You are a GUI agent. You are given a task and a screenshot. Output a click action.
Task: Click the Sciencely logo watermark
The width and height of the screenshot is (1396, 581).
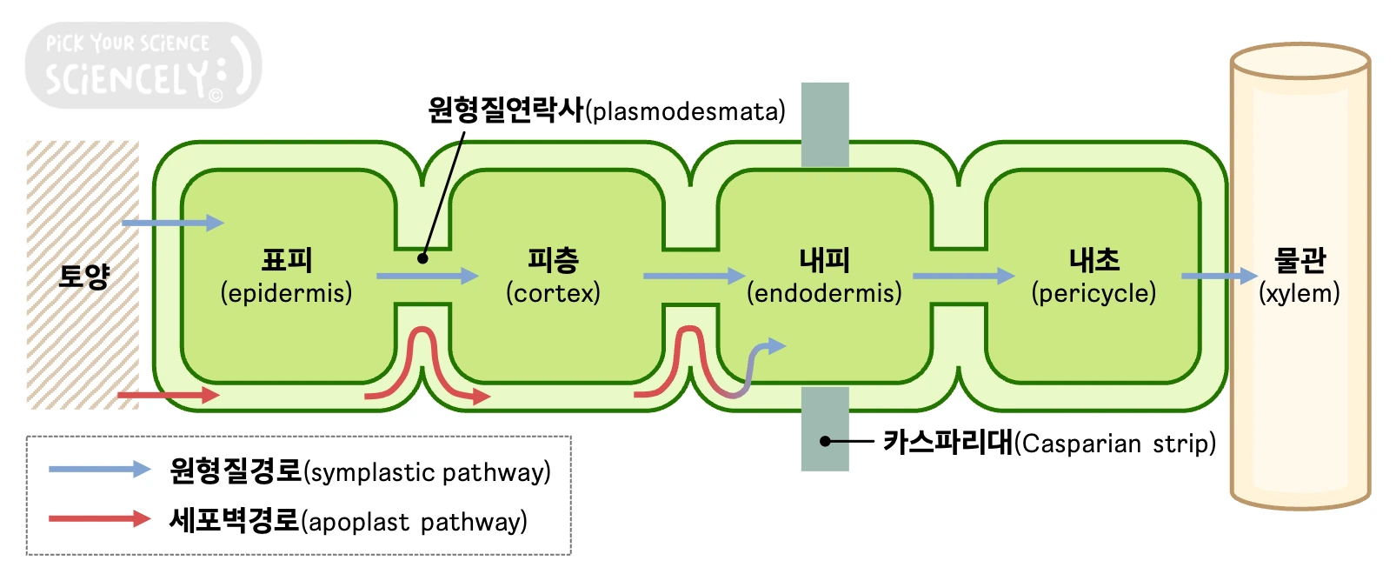pos(142,65)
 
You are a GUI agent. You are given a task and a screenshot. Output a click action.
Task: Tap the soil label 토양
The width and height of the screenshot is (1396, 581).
pos(83,276)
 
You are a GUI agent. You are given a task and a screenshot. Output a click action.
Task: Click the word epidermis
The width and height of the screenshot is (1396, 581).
pos(286,293)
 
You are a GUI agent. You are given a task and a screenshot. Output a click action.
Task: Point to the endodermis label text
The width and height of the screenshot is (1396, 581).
pos(824,293)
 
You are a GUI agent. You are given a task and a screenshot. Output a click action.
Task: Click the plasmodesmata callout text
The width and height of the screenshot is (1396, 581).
pos(606,110)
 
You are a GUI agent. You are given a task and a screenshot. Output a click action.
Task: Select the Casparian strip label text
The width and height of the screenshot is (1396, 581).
pos(1049,443)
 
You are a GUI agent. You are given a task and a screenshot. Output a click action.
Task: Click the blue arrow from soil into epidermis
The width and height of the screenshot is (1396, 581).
pos(172,223)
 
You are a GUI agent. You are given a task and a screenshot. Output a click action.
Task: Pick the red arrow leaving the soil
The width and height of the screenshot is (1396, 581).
pos(168,395)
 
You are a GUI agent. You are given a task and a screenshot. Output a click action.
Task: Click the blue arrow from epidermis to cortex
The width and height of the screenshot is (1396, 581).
pos(427,276)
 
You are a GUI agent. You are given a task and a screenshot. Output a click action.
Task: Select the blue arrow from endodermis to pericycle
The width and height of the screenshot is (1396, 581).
pos(963,276)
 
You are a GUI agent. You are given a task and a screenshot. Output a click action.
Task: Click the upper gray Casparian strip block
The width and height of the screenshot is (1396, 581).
pos(824,124)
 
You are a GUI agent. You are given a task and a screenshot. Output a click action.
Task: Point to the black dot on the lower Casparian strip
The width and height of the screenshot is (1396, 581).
pos(825,441)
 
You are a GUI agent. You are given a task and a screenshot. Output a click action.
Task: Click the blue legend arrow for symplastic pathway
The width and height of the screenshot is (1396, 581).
pos(99,469)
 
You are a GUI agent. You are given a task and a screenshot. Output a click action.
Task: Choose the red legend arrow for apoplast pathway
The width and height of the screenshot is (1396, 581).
pos(99,519)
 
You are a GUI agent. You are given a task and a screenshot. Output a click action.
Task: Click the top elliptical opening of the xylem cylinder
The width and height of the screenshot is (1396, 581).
pos(1300,61)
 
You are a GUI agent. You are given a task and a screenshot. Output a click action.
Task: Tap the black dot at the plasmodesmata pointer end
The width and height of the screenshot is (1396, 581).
pos(422,257)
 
